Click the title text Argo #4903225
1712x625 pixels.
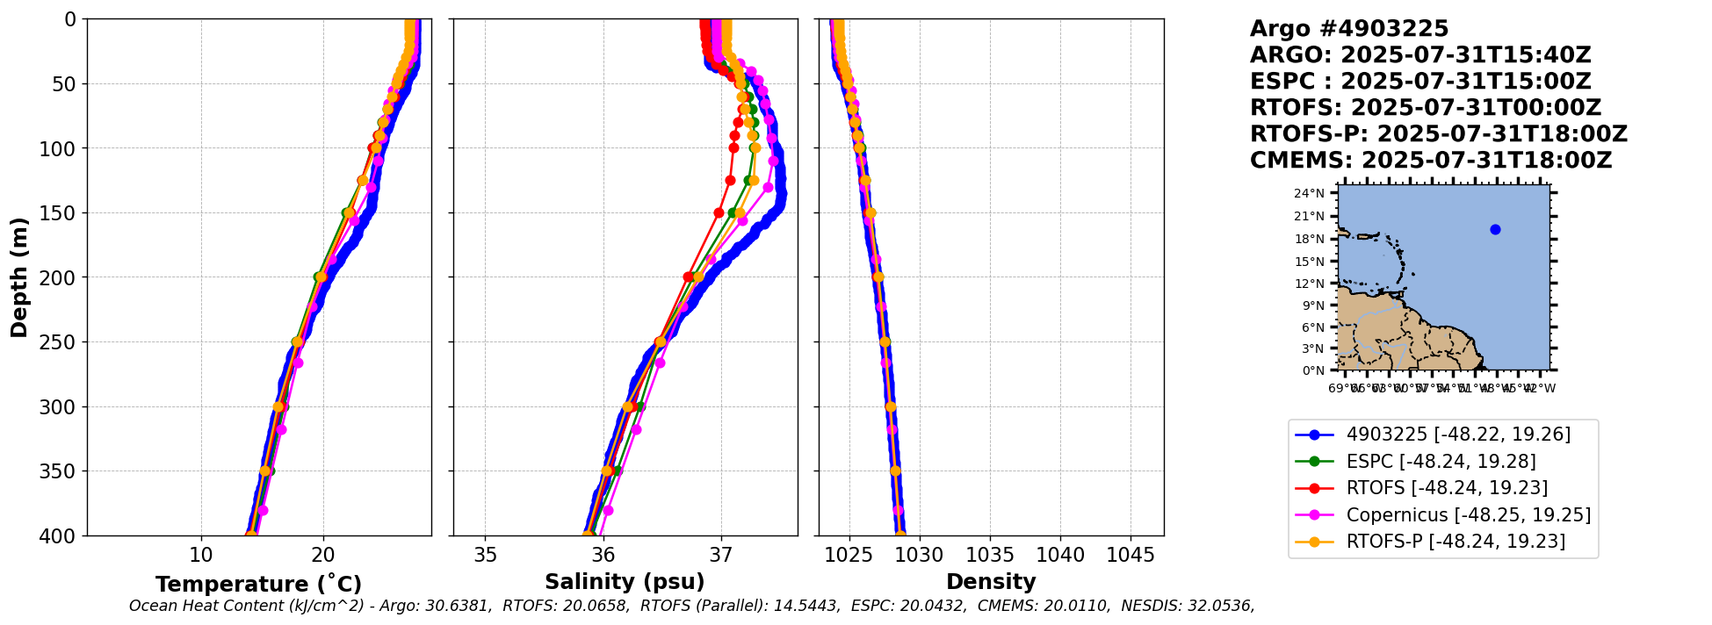point(1349,29)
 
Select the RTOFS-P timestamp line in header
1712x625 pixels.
point(1439,134)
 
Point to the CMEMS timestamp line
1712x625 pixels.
point(1431,161)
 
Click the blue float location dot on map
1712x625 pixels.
point(1495,230)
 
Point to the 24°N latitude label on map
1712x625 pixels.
point(1309,194)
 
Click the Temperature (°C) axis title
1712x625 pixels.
point(258,585)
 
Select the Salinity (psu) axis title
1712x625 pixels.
point(625,582)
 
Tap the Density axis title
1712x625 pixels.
point(991,582)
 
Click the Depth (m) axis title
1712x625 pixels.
point(19,277)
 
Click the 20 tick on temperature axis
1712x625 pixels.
point(323,556)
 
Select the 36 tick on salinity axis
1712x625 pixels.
point(603,556)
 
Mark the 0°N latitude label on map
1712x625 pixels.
point(1312,370)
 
